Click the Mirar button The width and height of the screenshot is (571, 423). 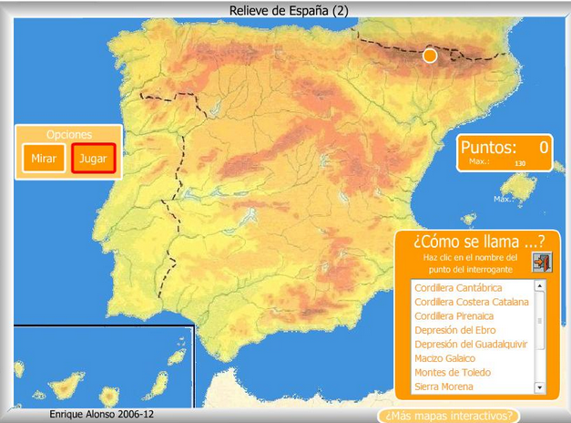pos(44,159)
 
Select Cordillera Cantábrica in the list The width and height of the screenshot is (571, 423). pos(458,288)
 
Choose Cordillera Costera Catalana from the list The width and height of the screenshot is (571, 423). pos(471,302)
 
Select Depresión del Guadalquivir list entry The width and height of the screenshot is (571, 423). pos(470,345)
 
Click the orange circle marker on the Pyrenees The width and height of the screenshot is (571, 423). pos(430,56)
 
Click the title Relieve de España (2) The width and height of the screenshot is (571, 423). pos(289,10)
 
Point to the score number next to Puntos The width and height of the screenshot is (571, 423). pos(544,147)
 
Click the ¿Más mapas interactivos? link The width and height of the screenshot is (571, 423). pos(450,416)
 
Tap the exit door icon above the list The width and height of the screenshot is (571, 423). pos(541,263)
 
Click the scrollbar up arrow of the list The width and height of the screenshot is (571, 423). pos(539,285)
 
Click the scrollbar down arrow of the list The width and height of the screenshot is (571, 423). pos(539,387)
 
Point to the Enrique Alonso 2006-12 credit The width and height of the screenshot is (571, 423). pos(102,414)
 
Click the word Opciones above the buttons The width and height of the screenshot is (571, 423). pos(68,134)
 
